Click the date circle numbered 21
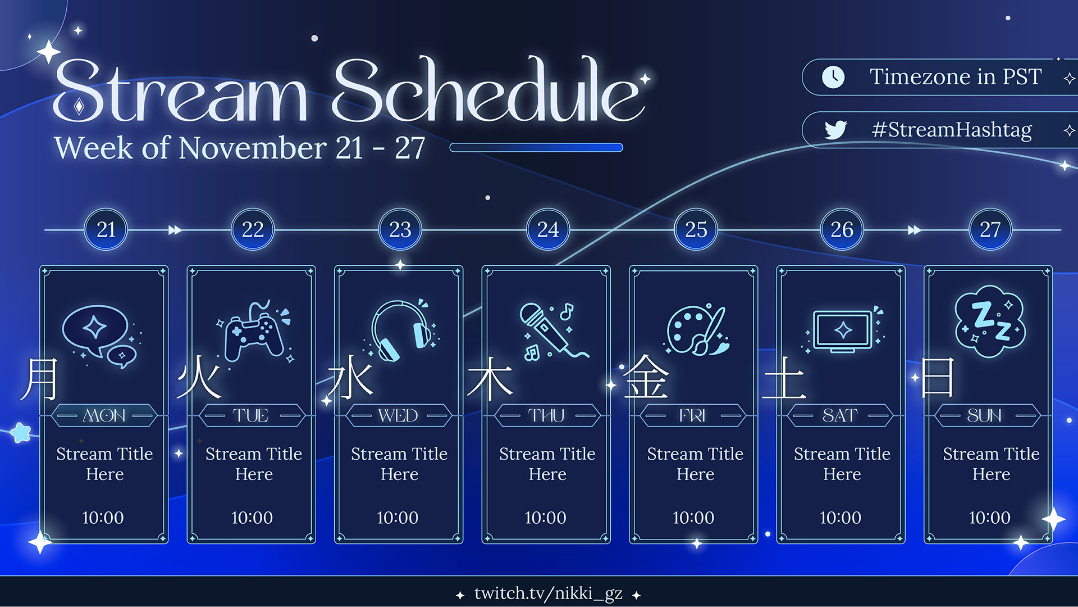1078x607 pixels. click(106, 229)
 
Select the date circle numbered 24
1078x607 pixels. click(548, 229)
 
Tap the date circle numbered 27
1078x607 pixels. click(990, 229)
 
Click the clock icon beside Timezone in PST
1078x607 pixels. click(833, 77)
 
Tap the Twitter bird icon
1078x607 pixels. click(835, 130)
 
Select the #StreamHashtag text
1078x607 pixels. click(952, 130)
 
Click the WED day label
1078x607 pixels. click(398, 416)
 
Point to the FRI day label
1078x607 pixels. click(692, 416)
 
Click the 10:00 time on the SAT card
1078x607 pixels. click(841, 518)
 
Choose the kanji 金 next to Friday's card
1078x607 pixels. click(646, 378)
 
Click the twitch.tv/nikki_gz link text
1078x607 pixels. click(548, 594)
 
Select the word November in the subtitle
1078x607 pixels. click(252, 149)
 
